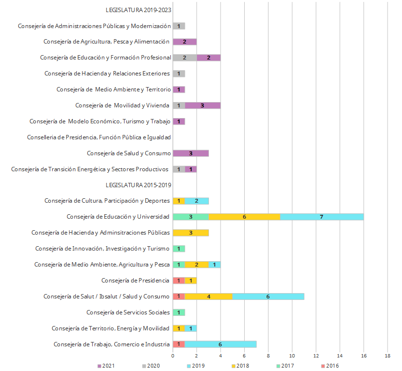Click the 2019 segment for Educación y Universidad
click(322, 217)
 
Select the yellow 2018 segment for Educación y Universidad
click(244, 217)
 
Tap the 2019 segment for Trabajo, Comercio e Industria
click(220, 344)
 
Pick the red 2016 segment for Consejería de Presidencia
click(179, 281)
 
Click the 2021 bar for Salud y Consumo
click(191, 153)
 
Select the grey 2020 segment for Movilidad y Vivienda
click(179, 105)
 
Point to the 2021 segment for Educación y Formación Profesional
click(208, 58)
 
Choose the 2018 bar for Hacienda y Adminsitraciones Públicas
click(191, 233)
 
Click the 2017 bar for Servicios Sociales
click(179, 312)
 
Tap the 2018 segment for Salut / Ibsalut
click(208, 297)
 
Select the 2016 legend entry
click(330, 366)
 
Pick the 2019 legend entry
click(197, 366)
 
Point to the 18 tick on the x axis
click(388, 356)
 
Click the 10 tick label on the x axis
click(292, 356)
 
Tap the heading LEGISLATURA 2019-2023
click(139, 10)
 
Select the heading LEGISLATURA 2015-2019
click(139, 185)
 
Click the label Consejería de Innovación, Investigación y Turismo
click(103, 249)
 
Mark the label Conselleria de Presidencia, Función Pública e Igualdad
click(99, 137)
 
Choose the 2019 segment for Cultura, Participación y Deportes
click(196, 201)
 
